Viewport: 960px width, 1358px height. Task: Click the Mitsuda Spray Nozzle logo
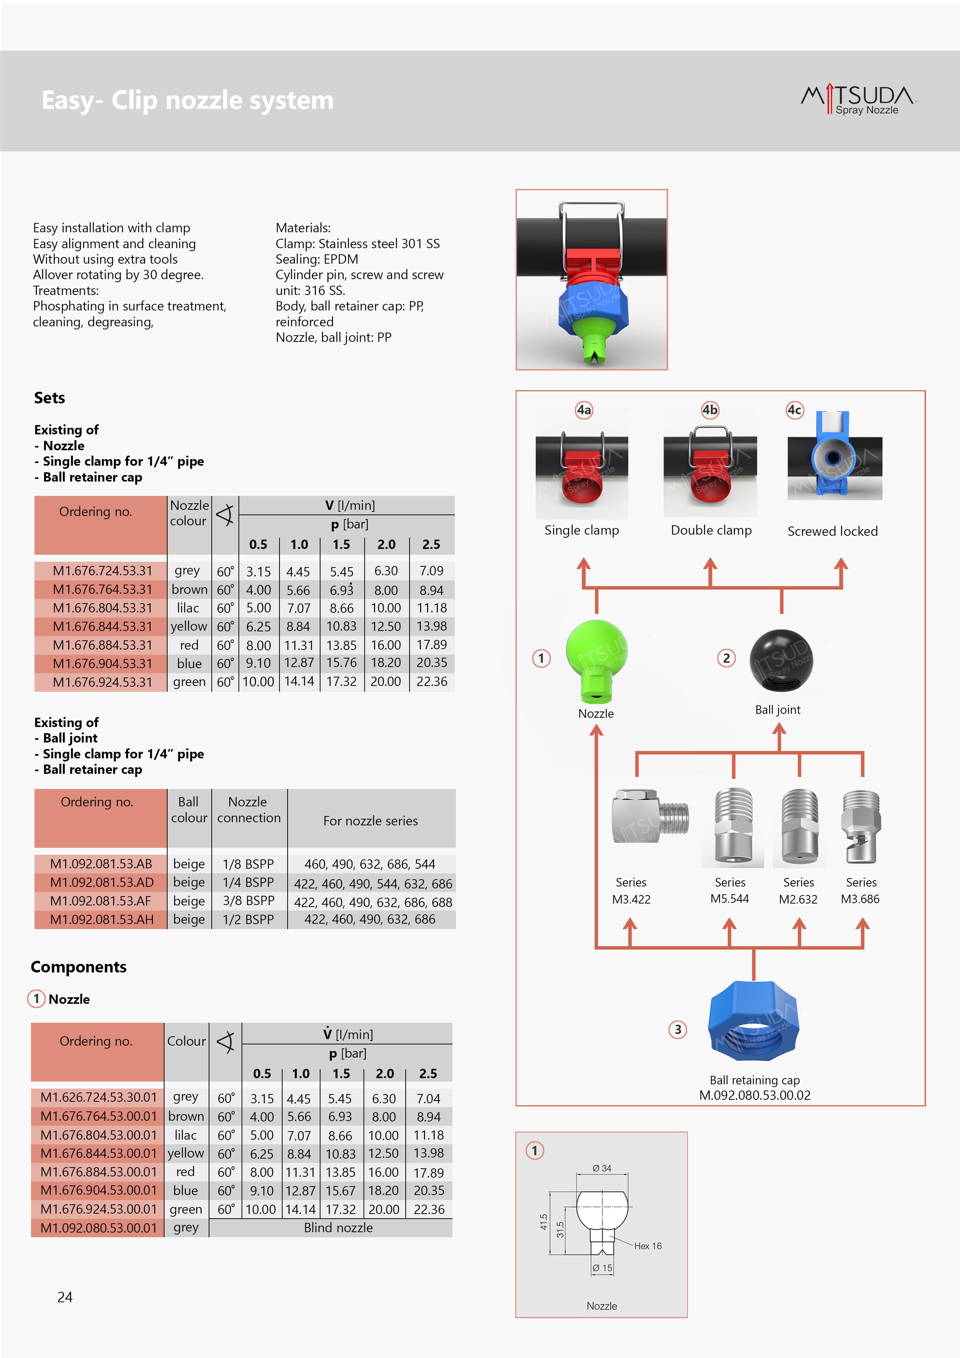point(858,99)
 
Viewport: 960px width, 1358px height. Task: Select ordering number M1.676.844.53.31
point(102,626)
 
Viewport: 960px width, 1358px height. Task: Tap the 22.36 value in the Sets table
point(432,682)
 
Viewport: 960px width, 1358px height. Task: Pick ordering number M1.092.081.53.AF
point(101,901)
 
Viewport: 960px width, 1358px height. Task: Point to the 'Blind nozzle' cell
point(338,1228)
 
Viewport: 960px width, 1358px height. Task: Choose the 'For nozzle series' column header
point(370,821)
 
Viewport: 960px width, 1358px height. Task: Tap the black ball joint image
point(781,660)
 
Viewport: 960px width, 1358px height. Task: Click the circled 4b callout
point(710,410)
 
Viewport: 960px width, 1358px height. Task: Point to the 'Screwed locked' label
point(832,531)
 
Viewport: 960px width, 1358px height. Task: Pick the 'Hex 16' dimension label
point(648,1246)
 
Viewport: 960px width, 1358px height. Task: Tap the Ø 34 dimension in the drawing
point(602,1168)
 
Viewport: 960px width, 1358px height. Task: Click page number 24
point(65,1297)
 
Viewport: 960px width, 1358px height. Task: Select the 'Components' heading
point(79,967)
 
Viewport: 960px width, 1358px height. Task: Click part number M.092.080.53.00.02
point(755,1096)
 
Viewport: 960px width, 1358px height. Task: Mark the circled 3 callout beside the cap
point(678,1030)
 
